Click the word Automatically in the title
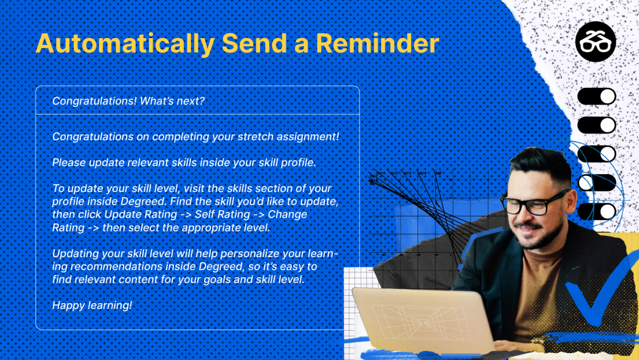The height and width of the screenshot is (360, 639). tap(125, 44)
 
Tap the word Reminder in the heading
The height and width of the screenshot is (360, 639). tap(378, 43)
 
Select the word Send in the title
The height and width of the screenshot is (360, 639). tap(255, 43)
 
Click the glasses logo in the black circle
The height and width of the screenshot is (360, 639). tap(595, 42)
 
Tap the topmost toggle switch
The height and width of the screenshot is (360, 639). tap(596, 97)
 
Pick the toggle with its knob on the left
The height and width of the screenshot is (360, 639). tap(596, 183)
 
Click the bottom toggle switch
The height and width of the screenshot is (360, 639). tap(596, 212)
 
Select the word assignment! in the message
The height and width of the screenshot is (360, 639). tap(308, 137)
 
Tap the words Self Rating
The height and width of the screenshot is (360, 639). tap(223, 214)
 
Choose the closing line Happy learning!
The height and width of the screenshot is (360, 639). tap(92, 306)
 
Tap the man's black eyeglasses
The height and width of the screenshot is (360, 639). tap(534, 202)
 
